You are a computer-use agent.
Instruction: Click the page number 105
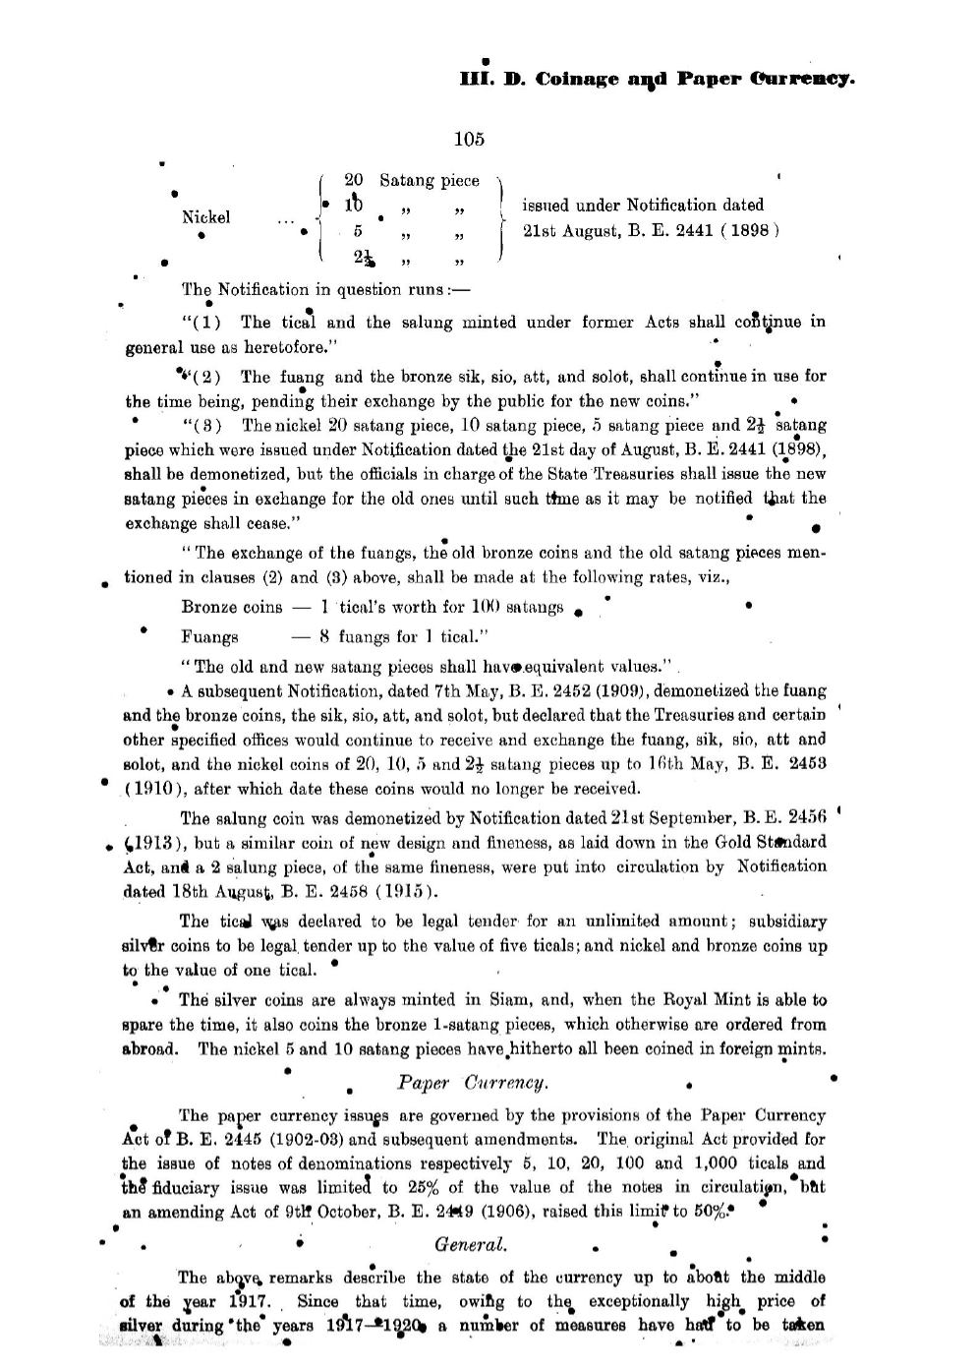469,139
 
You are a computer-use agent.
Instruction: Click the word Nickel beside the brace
206,217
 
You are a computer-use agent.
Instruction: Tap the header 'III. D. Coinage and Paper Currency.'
657,79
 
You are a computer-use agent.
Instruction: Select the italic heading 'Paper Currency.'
472,1083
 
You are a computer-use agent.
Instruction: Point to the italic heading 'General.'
471,1244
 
